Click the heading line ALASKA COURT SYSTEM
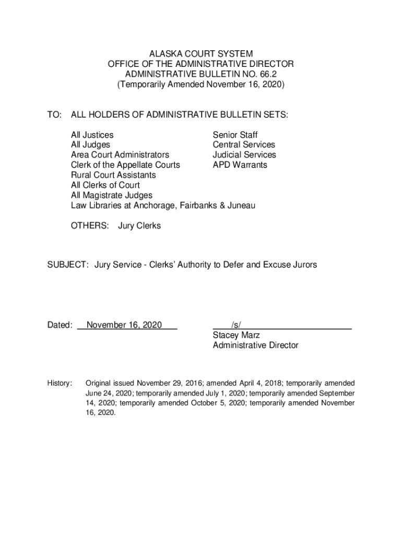(200, 54)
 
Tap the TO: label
(55, 114)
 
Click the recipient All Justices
(92, 135)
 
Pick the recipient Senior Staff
(235, 135)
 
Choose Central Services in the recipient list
(243, 145)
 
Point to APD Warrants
(240, 165)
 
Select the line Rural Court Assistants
(113, 175)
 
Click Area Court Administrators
(120, 155)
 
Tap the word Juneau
(242, 206)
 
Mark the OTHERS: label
(90, 226)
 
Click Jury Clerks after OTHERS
(139, 226)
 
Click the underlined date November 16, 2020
(124, 325)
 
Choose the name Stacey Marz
(236, 335)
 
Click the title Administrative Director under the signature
(255, 345)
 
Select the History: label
(60, 383)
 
